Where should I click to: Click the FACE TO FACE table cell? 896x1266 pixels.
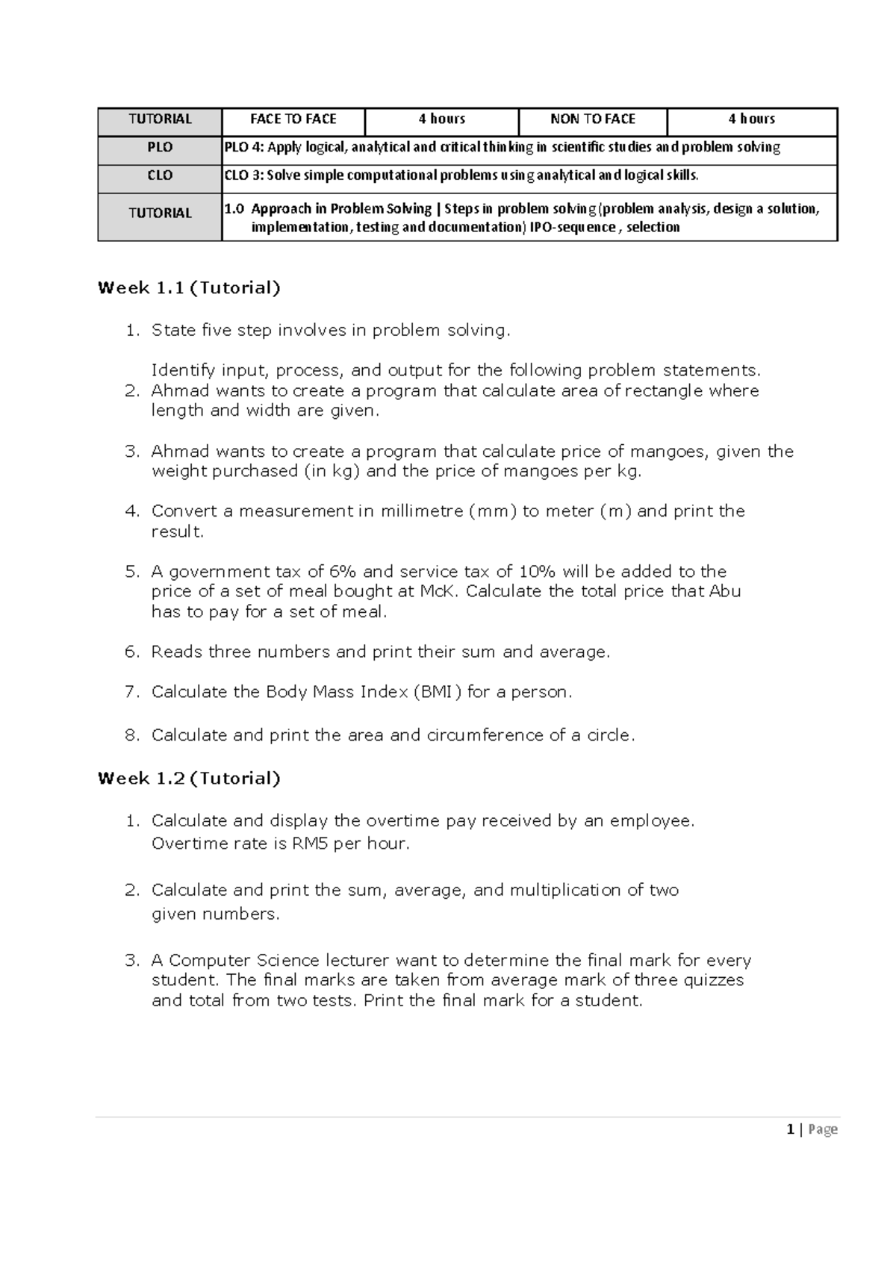pos(293,119)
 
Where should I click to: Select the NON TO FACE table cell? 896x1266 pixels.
pos(592,119)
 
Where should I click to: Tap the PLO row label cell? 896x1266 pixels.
pos(160,148)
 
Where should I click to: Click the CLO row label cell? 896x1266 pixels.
pos(160,176)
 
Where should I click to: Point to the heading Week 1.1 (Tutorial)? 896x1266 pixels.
pos(189,288)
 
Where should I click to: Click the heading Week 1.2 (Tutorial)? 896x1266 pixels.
pos(189,779)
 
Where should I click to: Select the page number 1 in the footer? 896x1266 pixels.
pos(790,1129)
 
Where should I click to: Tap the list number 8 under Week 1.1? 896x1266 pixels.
pos(131,735)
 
